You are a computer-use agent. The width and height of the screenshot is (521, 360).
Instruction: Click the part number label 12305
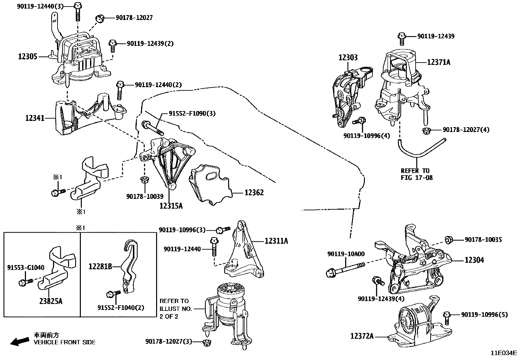pyautogui.click(x=28, y=57)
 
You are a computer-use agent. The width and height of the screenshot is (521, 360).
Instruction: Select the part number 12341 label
pyautogui.click(x=35, y=118)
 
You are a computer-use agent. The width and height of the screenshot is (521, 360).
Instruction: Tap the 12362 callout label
pyautogui.click(x=254, y=193)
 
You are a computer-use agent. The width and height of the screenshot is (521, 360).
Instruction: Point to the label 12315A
pyautogui.click(x=171, y=206)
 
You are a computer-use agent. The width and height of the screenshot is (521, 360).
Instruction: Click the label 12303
pyautogui.click(x=348, y=57)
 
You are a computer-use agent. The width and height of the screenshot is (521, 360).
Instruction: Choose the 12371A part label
pyautogui.click(x=439, y=62)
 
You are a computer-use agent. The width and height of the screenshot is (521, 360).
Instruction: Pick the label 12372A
pyautogui.click(x=362, y=336)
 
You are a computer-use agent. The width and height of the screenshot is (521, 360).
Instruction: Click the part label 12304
pyautogui.click(x=474, y=260)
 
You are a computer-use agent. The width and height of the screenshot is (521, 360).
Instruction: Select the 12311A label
pyautogui.click(x=276, y=241)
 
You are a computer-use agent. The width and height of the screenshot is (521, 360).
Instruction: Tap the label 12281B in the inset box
pyautogui.click(x=100, y=266)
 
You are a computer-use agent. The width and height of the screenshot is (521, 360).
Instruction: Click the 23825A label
pyautogui.click(x=51, y=301)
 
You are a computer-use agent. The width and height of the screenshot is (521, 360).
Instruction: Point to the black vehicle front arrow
pyautogui.click(x=20, y=342)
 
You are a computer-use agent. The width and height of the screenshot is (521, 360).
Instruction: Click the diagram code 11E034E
pyautogui.click(x=504, y=353)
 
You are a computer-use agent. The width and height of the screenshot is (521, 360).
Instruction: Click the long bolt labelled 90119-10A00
pyautogui.click(x=346, y=270)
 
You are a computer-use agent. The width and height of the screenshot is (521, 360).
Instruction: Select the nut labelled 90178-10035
pyautogui.click(x=449, y=239)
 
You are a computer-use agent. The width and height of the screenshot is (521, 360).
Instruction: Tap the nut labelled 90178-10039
pyautogui.click(x=145, y=180)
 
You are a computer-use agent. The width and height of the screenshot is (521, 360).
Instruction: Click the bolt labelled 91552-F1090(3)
pyautogui.click(x=153, y=128)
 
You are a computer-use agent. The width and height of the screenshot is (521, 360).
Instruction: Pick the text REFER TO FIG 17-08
pyautogui.click(x=417, y=174)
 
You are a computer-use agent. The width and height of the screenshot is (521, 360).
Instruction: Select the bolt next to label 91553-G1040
pyautogui.click(x=26, y=282)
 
